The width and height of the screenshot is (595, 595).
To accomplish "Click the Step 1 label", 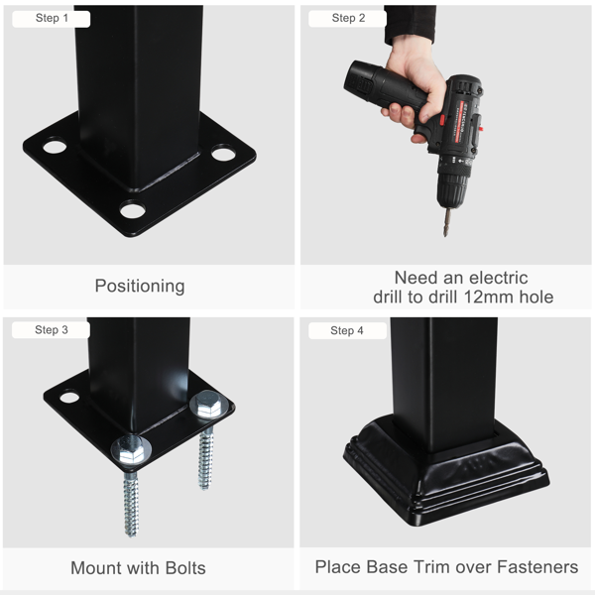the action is pyautogui.click(x=52, y=18).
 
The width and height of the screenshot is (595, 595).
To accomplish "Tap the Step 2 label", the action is pyautogui.click(x=348, y=18).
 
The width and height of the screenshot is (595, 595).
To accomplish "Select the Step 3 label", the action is pyautogui.click(x=52, y=330).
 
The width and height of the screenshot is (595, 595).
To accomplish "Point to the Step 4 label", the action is pyautogui.click(x=347, y=330).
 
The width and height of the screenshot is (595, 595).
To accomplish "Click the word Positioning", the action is pyautogui.click(x=140, y=287).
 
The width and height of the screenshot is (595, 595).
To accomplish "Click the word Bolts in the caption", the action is pyautogui.click(x=186, y=568).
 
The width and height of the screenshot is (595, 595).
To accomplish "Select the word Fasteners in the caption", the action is pyautogui.click(x=537, y=567).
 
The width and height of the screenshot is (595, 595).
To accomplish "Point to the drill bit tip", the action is pyautogui.click(x=444, y=235).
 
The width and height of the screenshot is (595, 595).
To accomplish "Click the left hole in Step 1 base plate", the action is pyautogui.click(x=55, y=146).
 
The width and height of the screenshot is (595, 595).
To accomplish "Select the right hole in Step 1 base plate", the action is pyautogui.click(x=223, y=154).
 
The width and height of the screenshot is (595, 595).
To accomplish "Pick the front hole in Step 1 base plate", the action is pyautogui.click(x=133, y=210).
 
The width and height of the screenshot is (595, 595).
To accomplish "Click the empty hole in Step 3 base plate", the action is pyautogui.click(x=69, y=398).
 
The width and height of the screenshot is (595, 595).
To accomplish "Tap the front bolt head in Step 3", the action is pyautogui.click(x=131, y=450).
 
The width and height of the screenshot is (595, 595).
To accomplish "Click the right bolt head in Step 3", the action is pyautogui.click(x=208, y=405).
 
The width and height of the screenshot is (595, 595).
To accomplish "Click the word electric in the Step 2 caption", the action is pyautogui.click(x=497, y=278).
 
